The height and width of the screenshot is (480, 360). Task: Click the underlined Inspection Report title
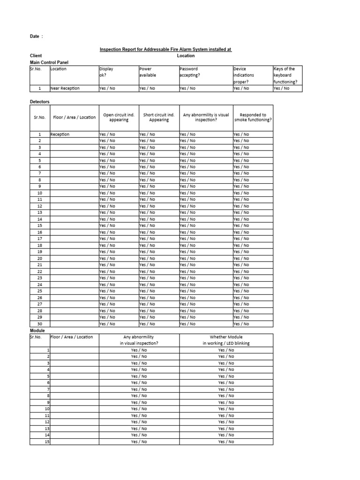pos(165,49)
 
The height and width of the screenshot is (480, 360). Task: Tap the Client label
pos(36,56)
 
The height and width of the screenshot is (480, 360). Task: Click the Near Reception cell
pos(65,88)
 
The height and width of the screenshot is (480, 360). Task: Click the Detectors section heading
pos(40,101)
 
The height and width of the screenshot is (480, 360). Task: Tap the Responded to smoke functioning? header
pos(253,117)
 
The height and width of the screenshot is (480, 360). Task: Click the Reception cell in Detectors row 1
pos(60,135)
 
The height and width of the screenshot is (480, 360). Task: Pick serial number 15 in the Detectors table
pos(40,225)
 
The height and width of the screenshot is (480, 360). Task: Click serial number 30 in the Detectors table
pos(40,323)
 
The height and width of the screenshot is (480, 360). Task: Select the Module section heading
pos(37,330)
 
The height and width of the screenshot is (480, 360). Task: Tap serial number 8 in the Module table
pos(48,396)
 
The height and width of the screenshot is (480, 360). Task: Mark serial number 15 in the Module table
pos(47,442)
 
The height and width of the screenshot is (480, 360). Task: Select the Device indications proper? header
pos(244,75)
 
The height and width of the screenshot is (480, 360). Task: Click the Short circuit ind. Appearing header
pos(158,117)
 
